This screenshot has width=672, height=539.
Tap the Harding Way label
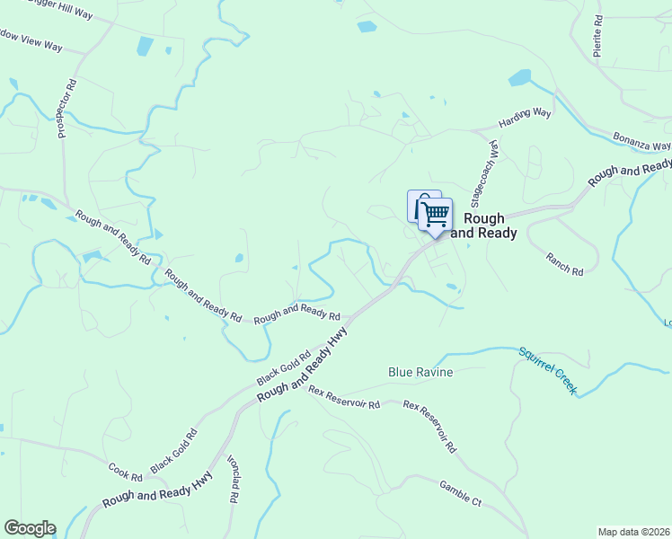coord(525,119)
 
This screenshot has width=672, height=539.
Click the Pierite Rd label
coord(598,37)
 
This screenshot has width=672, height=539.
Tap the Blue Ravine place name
coord(420,372)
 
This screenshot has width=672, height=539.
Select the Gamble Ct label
coord(461,494)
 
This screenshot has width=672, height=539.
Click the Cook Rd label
coord(125,472)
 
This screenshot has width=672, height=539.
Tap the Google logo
coord(30,528)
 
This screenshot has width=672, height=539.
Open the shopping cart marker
coord(435,216)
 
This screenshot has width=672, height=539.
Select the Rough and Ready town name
coord(483,225)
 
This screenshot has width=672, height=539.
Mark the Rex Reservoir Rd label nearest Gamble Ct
coord(431,426)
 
